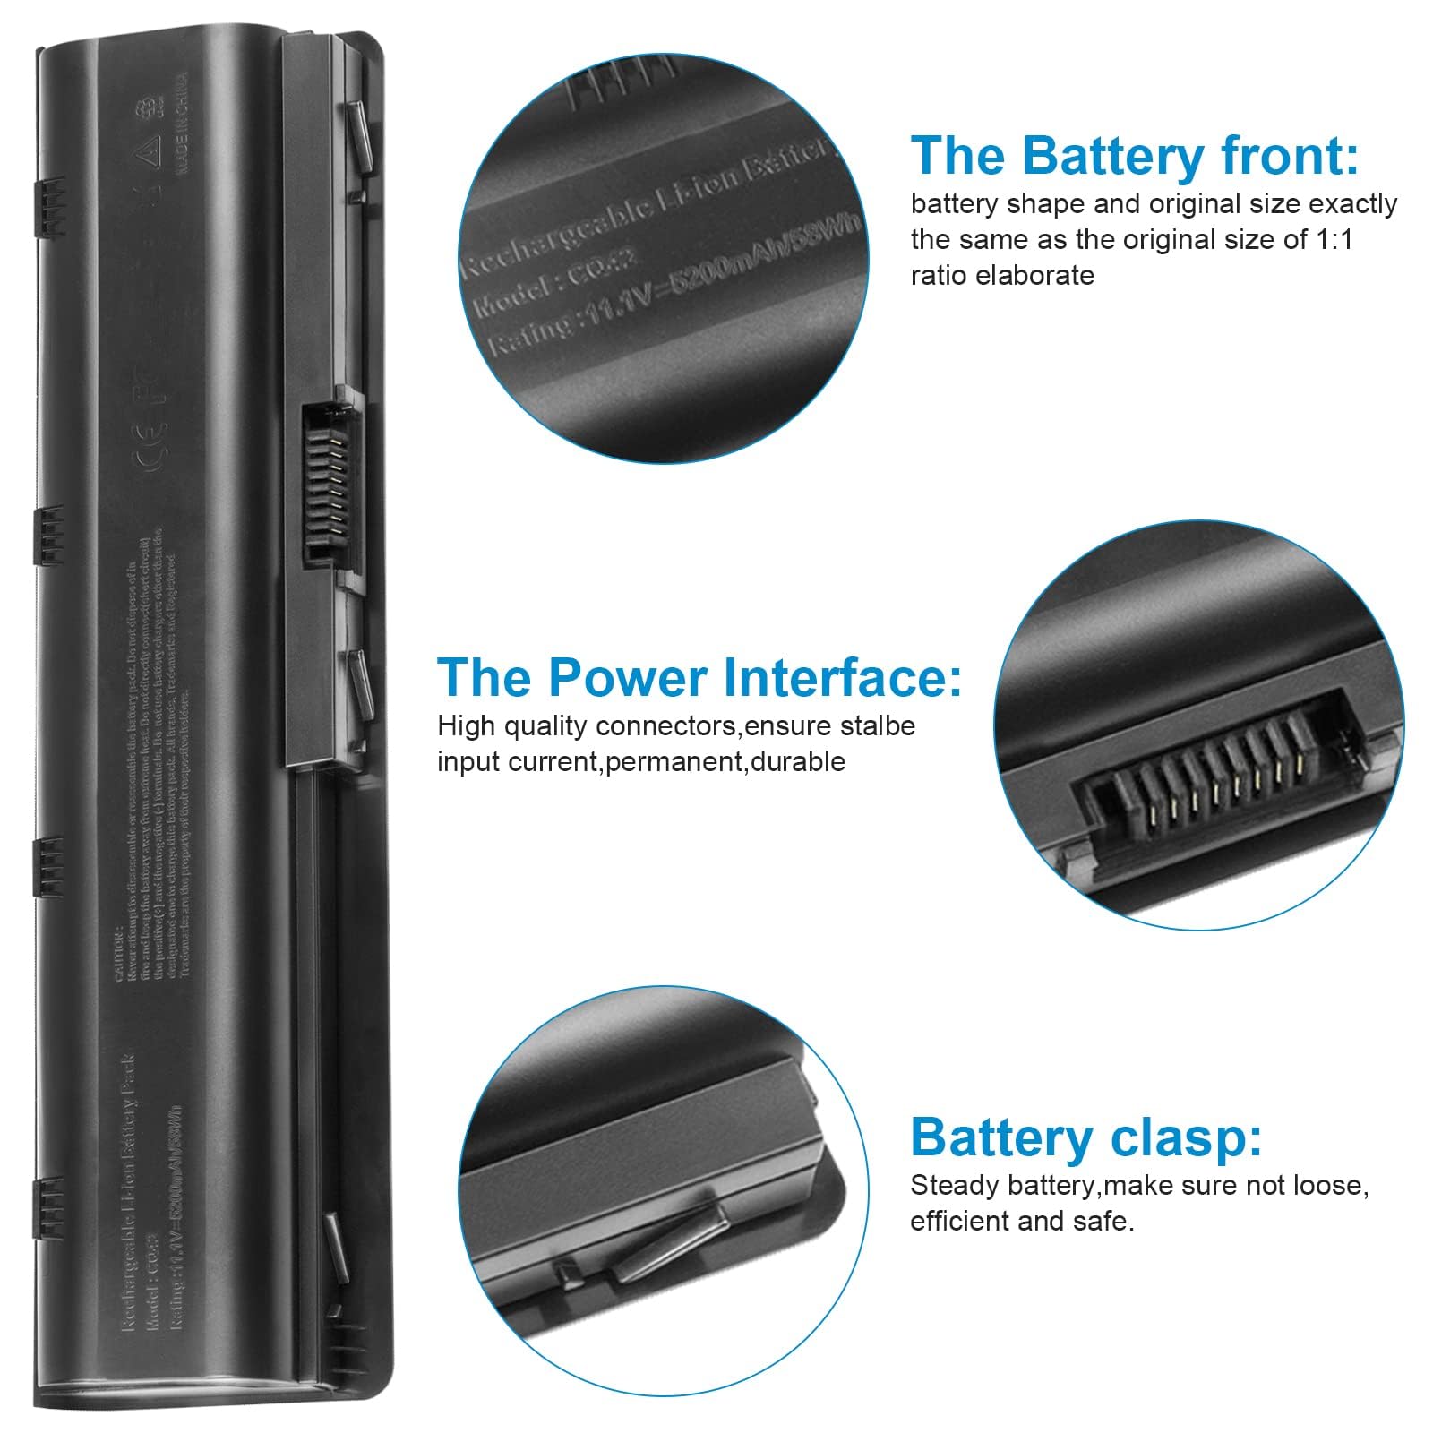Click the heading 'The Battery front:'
(1134, 156)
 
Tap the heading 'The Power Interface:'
(699, 677)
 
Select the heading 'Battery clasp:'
(1085, 1137)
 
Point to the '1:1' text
(1331, 240)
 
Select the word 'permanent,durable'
(725, 761)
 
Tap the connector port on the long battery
(323, 485)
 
